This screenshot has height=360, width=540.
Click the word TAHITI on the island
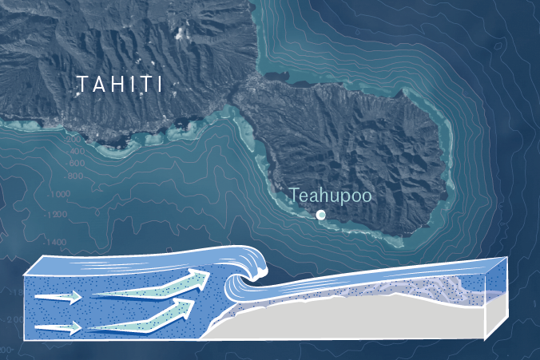pos(121,84)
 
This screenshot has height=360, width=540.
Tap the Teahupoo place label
pos(320,196)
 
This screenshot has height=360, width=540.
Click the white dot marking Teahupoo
pos(321,215)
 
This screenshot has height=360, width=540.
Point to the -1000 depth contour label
pos(58,195)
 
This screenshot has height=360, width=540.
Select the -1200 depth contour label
pos(56,215)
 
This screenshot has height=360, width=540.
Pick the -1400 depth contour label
pos(54,242)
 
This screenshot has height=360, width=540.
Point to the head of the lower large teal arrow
pos(185,306)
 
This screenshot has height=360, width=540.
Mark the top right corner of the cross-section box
pos(509,260)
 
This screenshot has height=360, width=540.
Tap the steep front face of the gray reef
pos(220,319)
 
